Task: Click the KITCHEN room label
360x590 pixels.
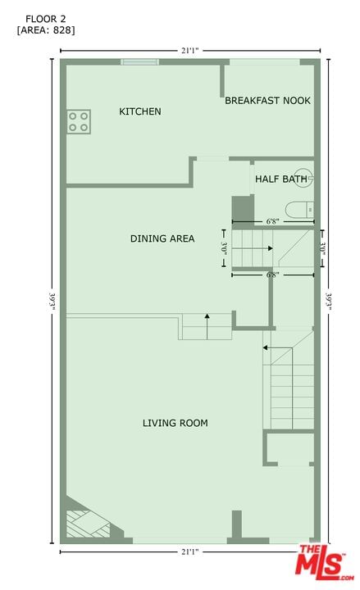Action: [140, 111]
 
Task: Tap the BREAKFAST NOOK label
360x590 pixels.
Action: [267, 101]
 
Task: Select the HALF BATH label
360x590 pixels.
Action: [281, 179]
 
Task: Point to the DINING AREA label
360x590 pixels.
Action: [162, 238]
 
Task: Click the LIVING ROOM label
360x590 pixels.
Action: [175, 423]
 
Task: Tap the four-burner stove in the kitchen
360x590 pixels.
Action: [79, 121]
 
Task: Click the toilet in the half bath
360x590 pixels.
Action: [299, 210]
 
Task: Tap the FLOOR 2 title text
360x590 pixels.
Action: [46, 19]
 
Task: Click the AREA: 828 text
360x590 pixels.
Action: [46, 30]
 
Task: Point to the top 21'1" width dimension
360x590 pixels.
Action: [189, 51]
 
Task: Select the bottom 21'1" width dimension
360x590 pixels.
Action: [189, 552]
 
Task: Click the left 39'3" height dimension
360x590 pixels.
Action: [52, 302]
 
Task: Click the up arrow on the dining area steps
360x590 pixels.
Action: [207, 326]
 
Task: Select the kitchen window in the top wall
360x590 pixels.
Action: [139, 62]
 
